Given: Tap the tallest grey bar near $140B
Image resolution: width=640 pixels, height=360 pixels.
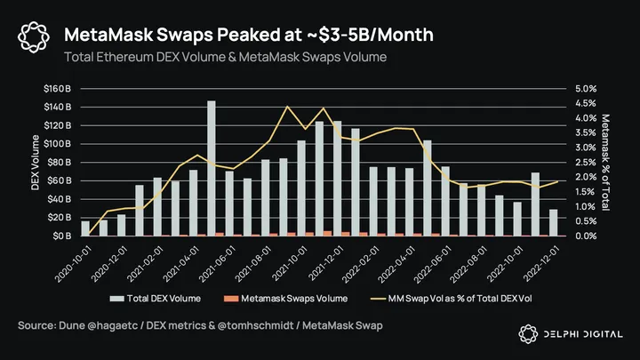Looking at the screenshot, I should [x=212, y=169].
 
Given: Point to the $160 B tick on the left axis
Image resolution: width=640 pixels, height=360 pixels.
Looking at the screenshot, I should [x=58, y=89].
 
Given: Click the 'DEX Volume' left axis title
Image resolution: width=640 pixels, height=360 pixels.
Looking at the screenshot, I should [x=36, y=163].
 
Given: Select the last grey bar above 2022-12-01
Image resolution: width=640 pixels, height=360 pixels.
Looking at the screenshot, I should [x=554, y=223].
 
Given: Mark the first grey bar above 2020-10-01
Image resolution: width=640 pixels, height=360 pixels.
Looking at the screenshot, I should [x=85, y=228].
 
